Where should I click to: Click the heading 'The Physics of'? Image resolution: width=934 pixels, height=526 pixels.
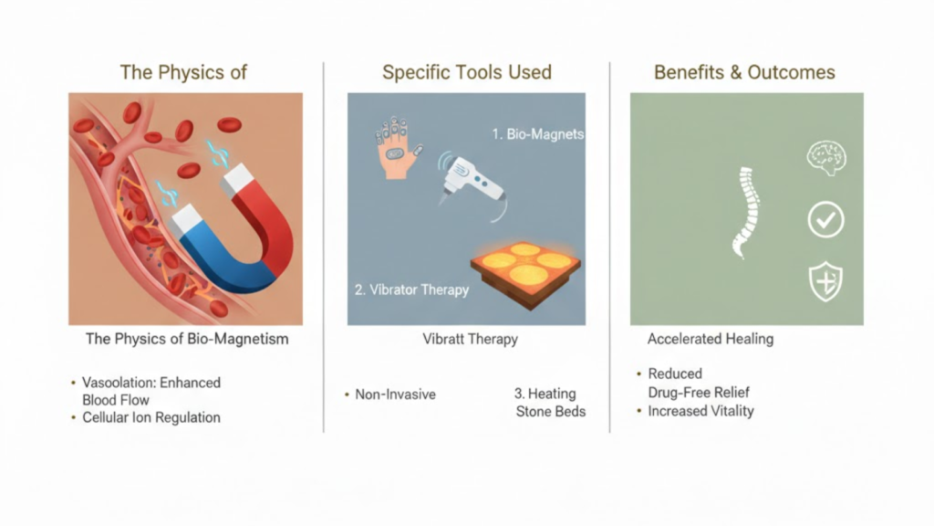(x=183, y=72)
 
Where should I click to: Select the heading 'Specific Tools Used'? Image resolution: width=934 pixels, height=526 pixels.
(x=466, y=72)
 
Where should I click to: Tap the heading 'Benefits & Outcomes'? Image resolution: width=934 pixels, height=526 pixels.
(x=744, y=72)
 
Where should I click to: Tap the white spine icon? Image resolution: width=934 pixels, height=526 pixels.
(x=747, y=211)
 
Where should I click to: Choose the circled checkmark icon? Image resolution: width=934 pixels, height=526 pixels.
(x=825, y=220)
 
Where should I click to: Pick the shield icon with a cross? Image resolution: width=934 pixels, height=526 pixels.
(x=825, y=282)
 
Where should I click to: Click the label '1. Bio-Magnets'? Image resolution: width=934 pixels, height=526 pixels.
(x=538, y=134)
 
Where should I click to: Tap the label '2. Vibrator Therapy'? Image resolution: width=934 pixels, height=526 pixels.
(x=410, y=289)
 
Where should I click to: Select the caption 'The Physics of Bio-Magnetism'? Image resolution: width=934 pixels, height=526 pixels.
(x=187, y=339)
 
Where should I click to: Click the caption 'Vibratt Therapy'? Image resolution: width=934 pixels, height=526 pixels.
(x=470, y=339)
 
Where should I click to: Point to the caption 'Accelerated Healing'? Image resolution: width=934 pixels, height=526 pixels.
(x=710, y=339)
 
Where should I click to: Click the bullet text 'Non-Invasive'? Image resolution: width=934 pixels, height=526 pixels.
(x=396, y=394)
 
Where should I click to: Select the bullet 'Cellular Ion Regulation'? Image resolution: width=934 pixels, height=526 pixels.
(x=151, y=417)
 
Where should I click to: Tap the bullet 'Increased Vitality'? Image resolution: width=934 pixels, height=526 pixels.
(x=700, y=411)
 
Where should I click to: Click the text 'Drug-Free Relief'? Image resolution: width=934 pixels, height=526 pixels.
(x=699, y=393)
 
